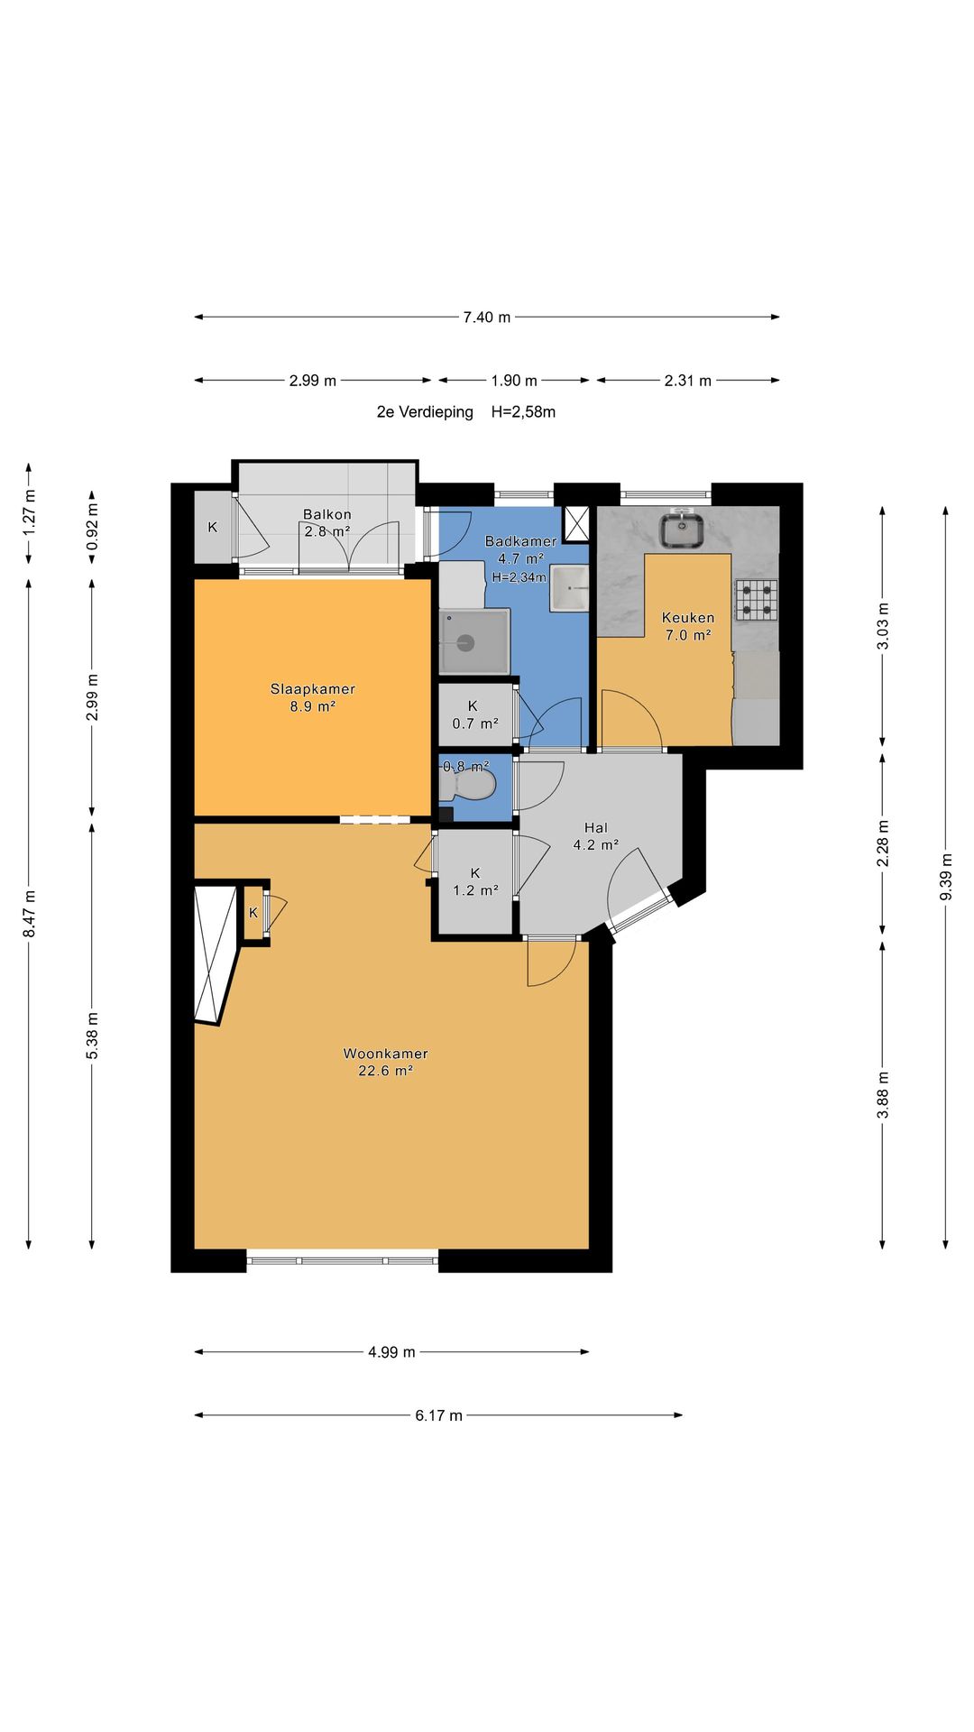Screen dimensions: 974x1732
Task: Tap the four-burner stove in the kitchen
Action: click(756, 600)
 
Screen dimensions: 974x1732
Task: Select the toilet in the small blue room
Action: click(467, 785)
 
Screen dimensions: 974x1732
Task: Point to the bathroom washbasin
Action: click(570, 589)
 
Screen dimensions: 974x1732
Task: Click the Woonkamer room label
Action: click(385, 1053)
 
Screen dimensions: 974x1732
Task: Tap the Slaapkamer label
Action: click(312, 688)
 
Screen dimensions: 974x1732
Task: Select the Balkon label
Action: click(327, 514)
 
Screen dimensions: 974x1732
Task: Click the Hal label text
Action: click(595, 827)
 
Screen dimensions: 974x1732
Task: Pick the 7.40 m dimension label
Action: click(487, 317)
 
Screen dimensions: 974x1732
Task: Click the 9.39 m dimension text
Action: click(946, 877)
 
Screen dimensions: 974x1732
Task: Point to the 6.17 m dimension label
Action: click(438, 1415)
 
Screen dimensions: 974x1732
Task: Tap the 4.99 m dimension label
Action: click(391, 1352)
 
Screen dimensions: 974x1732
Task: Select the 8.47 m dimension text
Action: click(29, 913)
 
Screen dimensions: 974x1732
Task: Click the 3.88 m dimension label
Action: click(883, 1095)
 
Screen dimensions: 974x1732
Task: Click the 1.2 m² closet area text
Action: click(475, 890)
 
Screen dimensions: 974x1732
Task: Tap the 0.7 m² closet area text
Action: click(475, 723)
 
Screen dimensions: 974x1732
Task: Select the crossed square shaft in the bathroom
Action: click(576, 522)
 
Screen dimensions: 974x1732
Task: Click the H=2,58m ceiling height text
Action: click(523, 412)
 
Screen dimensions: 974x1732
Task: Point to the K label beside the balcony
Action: click(213, 527)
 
